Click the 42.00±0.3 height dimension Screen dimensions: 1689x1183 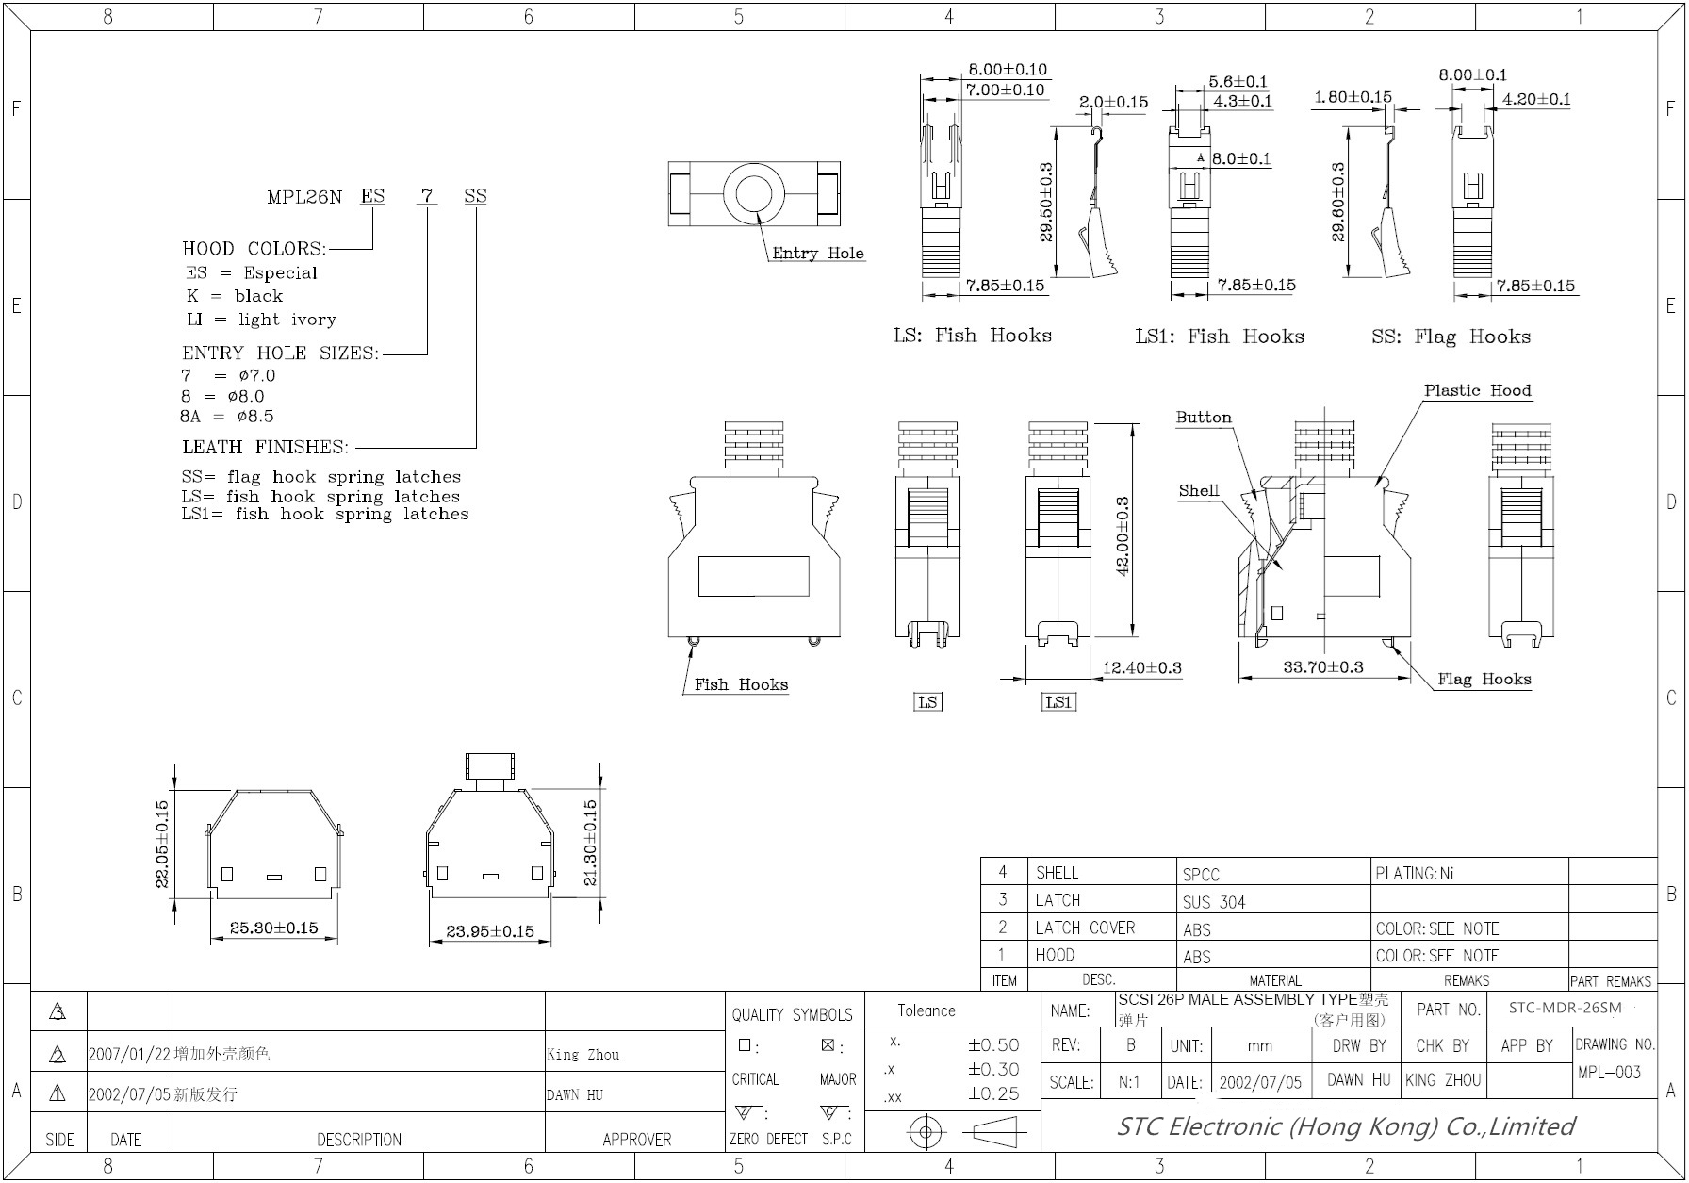1123,536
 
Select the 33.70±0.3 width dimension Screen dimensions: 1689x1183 1322,666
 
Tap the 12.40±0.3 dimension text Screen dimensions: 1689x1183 1141,667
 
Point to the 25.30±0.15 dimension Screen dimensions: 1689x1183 273,928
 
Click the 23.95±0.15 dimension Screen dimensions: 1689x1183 490,931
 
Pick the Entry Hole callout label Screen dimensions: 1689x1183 817,253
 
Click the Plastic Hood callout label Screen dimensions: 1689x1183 1477,390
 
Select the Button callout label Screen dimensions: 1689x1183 1204,417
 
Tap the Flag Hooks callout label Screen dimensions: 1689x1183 1484,679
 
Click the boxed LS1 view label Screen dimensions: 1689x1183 1058,702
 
